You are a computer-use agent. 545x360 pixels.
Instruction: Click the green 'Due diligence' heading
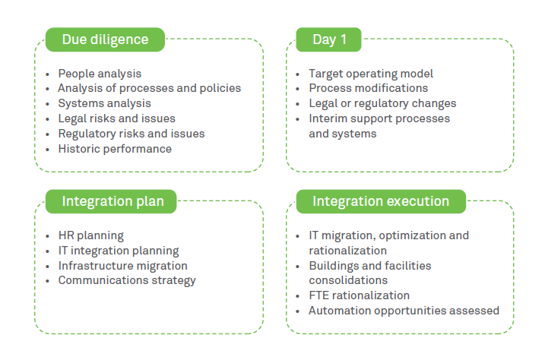[105, 39]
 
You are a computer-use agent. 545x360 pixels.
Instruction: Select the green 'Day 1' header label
[329, 39]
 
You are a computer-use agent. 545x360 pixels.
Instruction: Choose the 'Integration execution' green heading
[380, 201]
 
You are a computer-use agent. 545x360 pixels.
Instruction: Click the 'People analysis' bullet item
[100, 74]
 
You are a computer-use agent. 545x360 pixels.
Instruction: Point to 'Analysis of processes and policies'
[149, 88]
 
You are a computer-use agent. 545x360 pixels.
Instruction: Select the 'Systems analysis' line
[104, 103]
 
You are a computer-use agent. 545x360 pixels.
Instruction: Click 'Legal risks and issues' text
[116, 118]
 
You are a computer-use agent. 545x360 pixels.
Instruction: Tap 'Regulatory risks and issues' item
[131, 134]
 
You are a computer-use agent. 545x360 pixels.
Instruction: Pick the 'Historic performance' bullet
[115, 149]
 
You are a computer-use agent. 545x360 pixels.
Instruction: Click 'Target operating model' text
[371, 74]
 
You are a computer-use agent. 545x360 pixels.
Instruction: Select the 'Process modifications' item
[368, 88]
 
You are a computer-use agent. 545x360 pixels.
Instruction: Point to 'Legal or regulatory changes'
[382, 103]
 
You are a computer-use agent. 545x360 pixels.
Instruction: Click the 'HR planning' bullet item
[90, 235]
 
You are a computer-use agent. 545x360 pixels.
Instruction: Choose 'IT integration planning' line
[119, 251]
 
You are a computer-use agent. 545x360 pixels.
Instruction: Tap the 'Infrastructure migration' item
[122, 266]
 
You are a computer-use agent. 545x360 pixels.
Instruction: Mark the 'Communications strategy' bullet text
[127, 280]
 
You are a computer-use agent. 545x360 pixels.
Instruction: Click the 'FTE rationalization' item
[359, 295]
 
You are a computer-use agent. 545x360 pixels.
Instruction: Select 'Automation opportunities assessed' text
[404, 311]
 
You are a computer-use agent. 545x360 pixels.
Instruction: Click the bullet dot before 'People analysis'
[48, 74]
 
